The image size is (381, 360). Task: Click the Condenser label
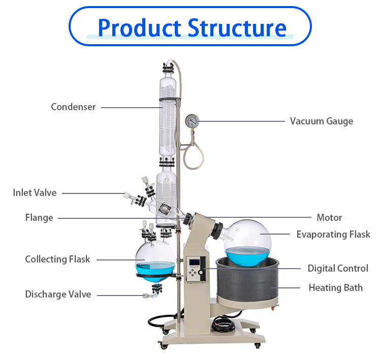point(73,107)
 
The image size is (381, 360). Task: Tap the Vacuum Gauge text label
point(321,121)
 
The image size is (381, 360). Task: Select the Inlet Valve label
point(35,193)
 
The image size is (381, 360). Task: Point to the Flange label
point(39,218)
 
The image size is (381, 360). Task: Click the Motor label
point(329,218)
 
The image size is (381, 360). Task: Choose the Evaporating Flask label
point(329,234)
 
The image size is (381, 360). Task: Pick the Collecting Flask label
point(57,259)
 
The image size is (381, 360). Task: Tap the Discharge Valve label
point(58,294)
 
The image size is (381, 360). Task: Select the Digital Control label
point(338,269)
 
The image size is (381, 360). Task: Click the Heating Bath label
point(335,288)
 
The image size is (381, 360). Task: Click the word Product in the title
point(139,27)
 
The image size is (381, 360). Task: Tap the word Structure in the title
point(237,27)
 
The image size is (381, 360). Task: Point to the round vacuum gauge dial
point(192,121)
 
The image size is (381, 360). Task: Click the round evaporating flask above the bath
point(249,241)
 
